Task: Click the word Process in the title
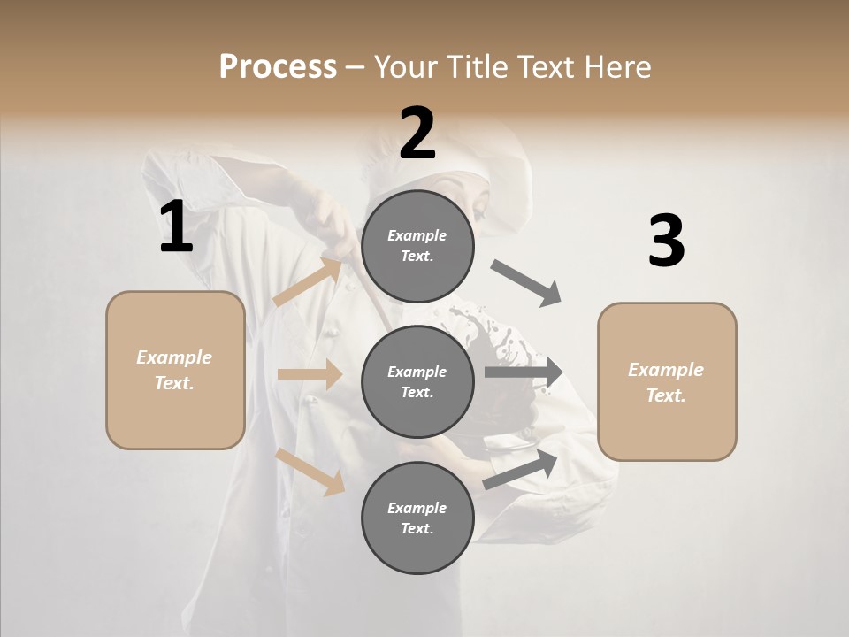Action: (x=278, y=67)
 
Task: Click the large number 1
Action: (x=176, y=227)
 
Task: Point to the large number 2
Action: (x=417, y=134)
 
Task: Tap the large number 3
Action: (x=666, y=242)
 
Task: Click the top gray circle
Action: (x=417, y=246)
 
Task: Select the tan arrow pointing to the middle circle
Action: (x=310, y=374)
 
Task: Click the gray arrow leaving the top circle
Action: (x=526, y=283)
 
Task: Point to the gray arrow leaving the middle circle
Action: (x=524, y=372)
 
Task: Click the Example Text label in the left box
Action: (x=174, y=370)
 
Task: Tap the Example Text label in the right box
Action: (x=666, y=382)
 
